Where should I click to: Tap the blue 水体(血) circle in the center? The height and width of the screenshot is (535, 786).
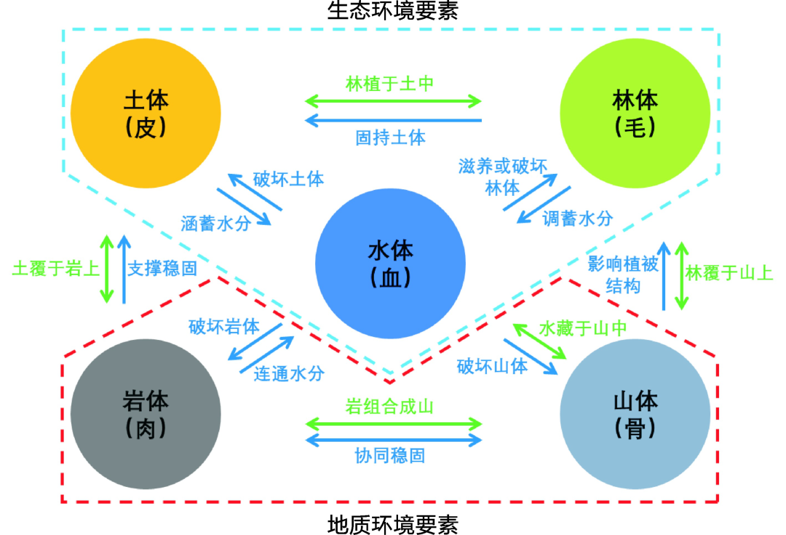(x=391, y=263)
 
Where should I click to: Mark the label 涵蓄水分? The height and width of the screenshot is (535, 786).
(x=216, y=223)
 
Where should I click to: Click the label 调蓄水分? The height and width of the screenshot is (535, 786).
(x=577, y=218)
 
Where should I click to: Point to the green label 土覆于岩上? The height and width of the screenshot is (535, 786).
(x=55, y=269)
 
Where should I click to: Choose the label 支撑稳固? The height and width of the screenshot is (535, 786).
(x=162, y=269)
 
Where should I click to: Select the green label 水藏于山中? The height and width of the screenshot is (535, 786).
(x=583, y=328)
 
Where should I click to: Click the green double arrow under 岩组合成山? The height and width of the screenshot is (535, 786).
(x=394, y=423)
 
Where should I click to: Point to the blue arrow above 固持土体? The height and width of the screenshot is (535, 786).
(x=394, y=119)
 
